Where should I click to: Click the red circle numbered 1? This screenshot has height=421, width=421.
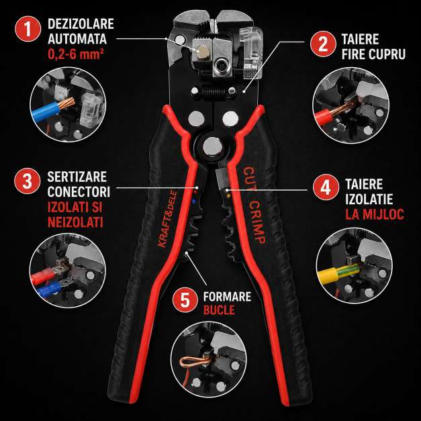[x=28, y=29]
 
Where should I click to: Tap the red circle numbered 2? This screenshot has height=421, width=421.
[x=323, y=44]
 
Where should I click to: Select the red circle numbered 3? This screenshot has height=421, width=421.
[x=28, y=181]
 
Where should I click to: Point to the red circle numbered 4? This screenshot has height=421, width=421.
[x=326, y=187]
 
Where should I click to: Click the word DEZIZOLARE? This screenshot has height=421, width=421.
[x=81, y=24]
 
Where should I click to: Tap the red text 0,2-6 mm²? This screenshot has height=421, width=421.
[x=76, y=54]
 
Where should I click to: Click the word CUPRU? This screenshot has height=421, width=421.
[x=387, y=54]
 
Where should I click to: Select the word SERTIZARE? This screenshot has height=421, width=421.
[x=77, y=177]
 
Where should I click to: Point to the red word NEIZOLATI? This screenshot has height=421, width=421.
[x=75, y=222]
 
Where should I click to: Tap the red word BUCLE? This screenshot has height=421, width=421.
[x=219, y=310]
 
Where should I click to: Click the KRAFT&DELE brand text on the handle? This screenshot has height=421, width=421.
[x=167, y=219]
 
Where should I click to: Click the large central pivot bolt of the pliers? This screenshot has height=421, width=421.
[x=212, y=146]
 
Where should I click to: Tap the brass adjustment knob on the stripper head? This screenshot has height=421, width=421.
[x=202, y=50]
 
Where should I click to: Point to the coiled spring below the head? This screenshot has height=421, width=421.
[x=213, y=92]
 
